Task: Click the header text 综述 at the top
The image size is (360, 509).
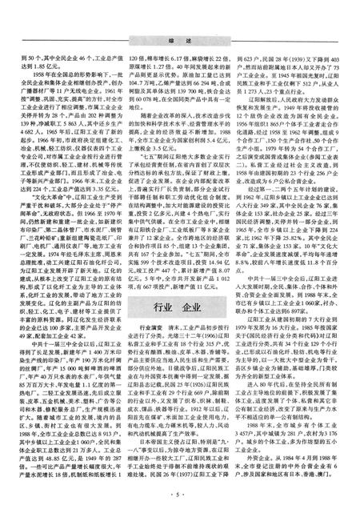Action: pos(180,14)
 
